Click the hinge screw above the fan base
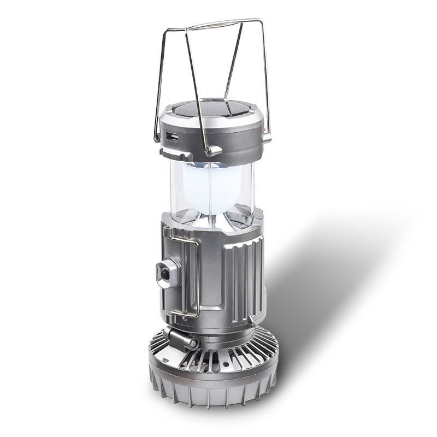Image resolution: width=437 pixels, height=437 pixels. [192, 343]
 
